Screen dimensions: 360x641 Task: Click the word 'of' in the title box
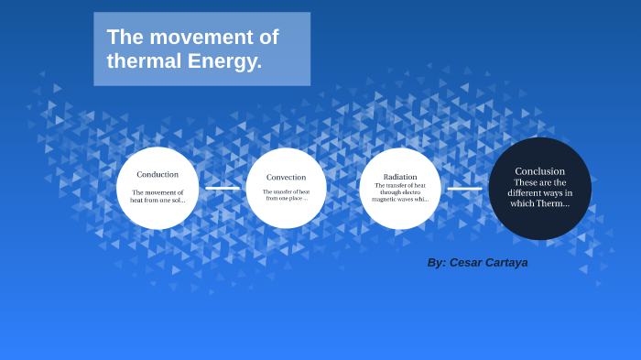[x=266, y=38]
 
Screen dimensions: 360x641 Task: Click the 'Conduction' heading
[x=158, y=174]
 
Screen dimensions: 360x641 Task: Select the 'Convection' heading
[x=286, y=177]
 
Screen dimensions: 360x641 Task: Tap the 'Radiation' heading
[x=400, y=176]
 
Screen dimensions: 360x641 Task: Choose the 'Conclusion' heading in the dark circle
[x=539, y=171]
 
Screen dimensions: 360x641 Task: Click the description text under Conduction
[x=158, y=196]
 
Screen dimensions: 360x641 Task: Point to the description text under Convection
[x=286, y=195]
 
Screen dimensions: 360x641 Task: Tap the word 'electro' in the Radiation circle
[x=411, y=192]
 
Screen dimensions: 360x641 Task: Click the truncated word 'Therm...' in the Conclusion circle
[x=553, y=203]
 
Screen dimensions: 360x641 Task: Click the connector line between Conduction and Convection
[x=222, y=188]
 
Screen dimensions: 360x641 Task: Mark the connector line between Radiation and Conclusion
[x=464, y=188]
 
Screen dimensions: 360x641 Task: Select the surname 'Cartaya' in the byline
[x=508, y=263]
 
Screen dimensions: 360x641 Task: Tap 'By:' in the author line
[x=437, y=263]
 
